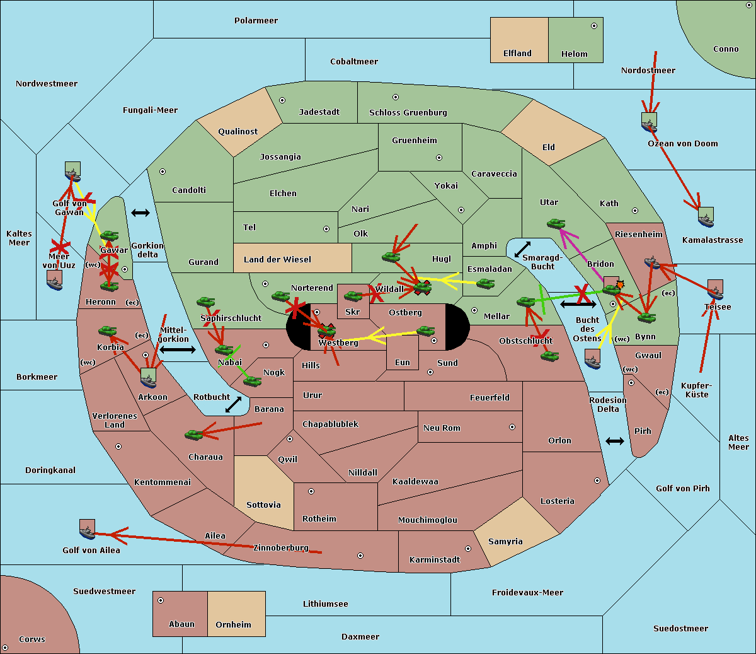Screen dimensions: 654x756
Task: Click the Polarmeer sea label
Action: pos(256,21)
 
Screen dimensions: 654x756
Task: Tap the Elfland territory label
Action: pos(517,54)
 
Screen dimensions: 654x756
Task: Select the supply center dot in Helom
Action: pos(593,26)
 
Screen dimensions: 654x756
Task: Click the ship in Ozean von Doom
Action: pos(649,122)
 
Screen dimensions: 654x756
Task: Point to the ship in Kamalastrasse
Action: pos(706,217)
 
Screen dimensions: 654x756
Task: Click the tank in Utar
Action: pos(556,223)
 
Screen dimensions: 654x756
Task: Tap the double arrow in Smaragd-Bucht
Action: pos(522,249)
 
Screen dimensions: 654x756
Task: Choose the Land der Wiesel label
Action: pos(277,259)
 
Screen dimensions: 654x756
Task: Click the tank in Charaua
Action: pos(194,434)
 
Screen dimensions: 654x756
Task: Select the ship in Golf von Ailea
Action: pos(87,529)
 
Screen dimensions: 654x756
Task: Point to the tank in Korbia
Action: pos(108,330)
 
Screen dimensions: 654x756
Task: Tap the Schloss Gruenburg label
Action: pos(408,113)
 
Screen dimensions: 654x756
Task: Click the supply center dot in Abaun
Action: pos(161,600)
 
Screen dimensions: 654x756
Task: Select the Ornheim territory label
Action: pos(233,625)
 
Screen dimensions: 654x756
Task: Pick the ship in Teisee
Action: pos(715,289)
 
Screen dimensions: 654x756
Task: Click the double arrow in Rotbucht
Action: pos(234,404)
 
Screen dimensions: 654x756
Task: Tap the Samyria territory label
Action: pos(505,542)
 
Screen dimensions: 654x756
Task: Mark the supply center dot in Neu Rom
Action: pos(512,427)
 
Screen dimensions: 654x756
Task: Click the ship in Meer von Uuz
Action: pos(55,280)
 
